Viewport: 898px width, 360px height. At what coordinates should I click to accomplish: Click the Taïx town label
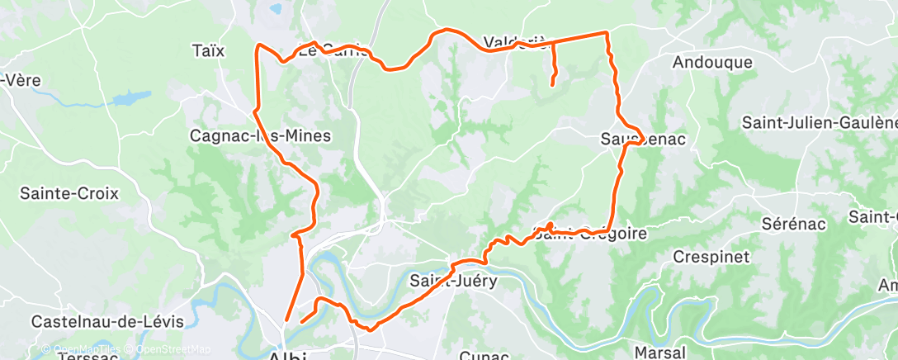[207, 50]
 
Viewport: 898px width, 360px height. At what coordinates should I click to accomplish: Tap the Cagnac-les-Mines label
[260, 135]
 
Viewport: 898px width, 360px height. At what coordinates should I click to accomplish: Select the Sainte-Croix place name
[69, 194]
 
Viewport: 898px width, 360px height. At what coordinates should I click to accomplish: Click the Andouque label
[712, 62]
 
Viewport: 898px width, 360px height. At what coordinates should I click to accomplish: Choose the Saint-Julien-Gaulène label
[819, 122]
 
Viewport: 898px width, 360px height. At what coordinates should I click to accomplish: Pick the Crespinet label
[711, 257]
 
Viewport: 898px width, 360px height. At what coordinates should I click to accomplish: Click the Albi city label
[288, 356]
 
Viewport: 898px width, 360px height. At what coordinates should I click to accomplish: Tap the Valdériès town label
[514, 41]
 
